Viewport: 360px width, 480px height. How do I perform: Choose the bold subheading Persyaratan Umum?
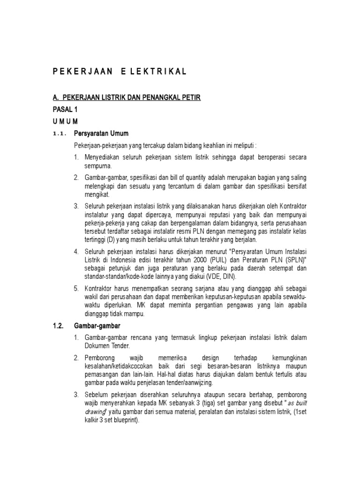point(101,134)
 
